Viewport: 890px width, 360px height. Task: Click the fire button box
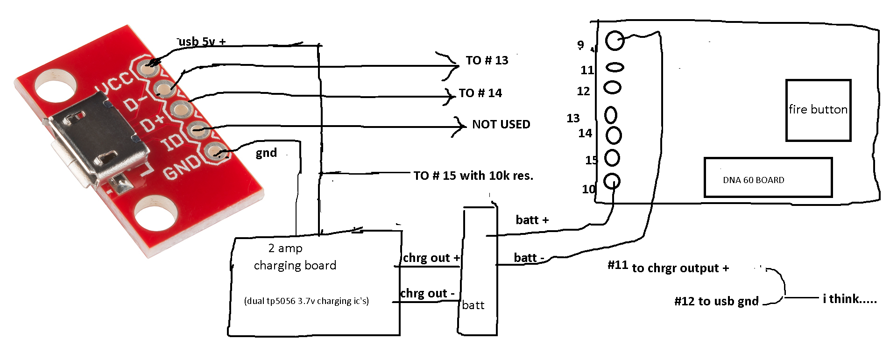[818, 110]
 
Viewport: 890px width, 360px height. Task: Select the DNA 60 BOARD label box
[767, 178]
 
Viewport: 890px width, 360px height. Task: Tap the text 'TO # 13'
[487, 60]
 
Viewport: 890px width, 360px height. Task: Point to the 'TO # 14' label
[480, 93]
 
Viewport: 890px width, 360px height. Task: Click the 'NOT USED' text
[501, 124]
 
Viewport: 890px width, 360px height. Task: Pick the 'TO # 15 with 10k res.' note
[473, 176]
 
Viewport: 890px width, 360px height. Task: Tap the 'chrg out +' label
[431, 258]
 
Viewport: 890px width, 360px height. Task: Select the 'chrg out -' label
[427, 293]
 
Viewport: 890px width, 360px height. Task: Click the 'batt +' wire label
[532, 220]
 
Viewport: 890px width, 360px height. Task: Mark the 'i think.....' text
[849, 299]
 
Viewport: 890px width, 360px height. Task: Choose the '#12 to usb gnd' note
[716, 301]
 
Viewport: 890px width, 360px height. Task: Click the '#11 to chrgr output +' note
[668, 267]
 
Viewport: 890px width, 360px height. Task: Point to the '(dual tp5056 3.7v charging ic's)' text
[306, 301]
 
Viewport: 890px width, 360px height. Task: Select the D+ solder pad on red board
[179, 109]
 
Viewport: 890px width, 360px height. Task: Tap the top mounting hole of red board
[55, 85]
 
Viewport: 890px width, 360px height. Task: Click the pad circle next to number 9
[615, 41]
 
